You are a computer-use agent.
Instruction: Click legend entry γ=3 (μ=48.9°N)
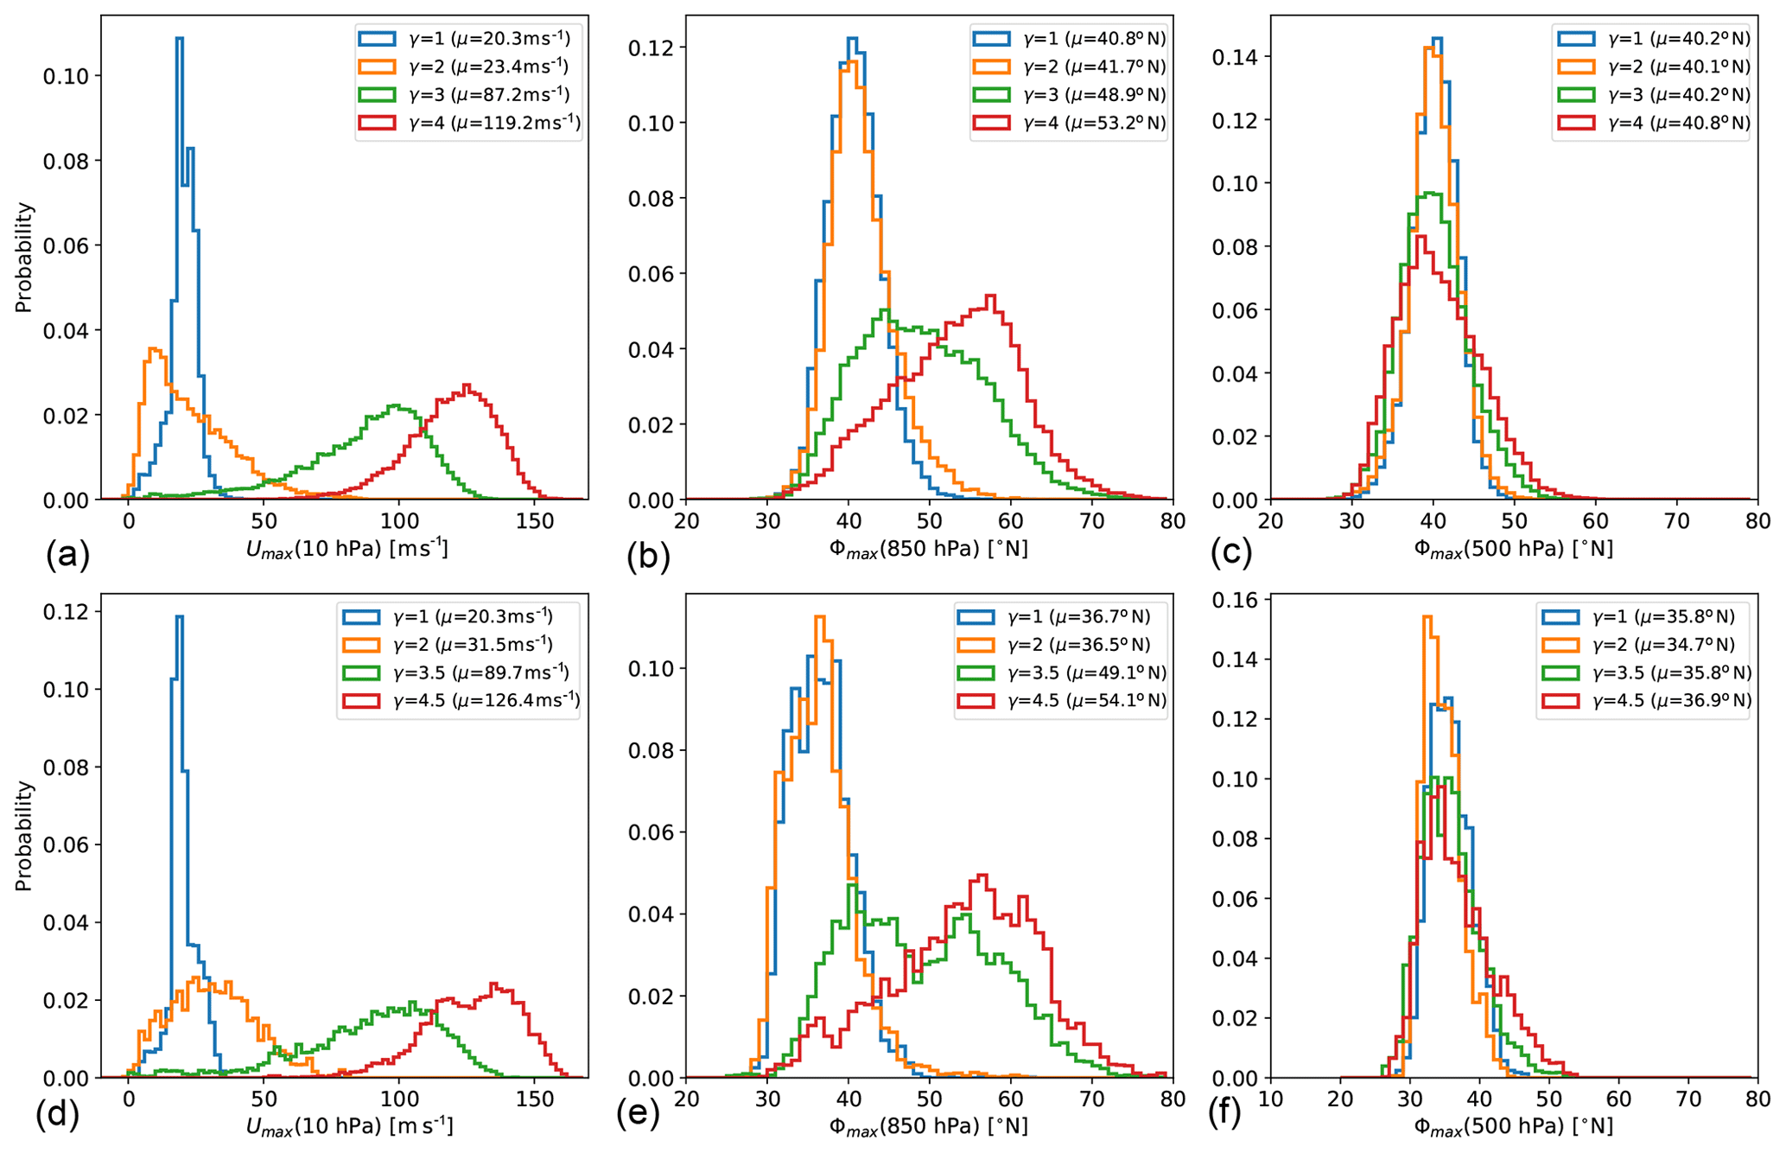pyautogui.click(x=1070, y=94)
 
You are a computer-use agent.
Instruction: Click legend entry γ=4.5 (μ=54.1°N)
pyautogui.click(x=1062, y=700)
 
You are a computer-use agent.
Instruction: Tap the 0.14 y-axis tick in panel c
pyautogui.click(x=1234, y=57)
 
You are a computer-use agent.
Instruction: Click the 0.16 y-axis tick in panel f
pyautogui.click(x=1234, y=599)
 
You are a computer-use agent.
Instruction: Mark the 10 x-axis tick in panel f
pyautogui.click(x=1271, y=1100)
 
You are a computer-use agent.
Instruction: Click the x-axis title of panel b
pyautogui.click(x=929, y=549)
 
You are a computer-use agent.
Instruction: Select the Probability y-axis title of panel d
pyautogui.click(x=23, y=836)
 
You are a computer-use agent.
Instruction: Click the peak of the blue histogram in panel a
pyautogui.click(x=179, y=39)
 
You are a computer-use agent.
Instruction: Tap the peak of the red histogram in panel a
pyautogui.click(x=467, y=385)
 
